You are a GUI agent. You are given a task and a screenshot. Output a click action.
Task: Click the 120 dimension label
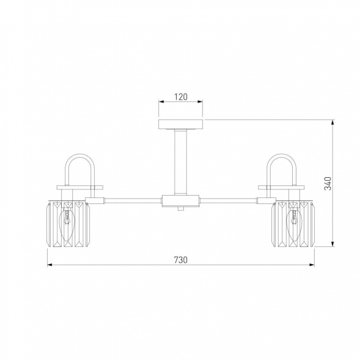tap(181, 97)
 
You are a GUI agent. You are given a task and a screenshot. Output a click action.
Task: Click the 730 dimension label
tap(181, 260)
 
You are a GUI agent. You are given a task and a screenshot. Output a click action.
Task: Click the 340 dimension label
tap(328, 183)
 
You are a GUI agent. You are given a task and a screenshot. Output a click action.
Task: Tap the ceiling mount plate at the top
tap(181, 124)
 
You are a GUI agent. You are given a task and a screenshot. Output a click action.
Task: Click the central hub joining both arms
tap(180, 201)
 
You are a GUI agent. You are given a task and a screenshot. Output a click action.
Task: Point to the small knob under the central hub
tap(181, 208)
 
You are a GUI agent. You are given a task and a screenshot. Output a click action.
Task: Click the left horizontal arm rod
tap(133, 200)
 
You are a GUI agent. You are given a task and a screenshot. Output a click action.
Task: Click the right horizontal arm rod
tap(228, 200)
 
